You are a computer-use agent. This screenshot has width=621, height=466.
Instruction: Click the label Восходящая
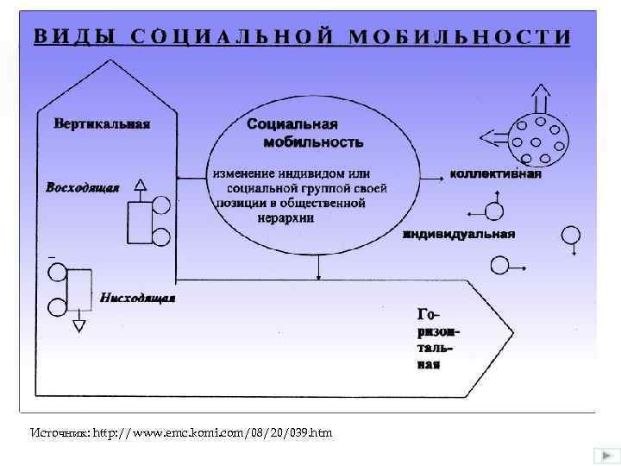pyautogui.click(x=82, y=186)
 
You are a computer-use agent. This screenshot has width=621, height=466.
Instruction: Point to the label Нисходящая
pyautogui.click(x=137, y=299)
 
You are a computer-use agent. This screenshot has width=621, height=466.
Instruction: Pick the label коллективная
pyautogui.click(x=496, y=173)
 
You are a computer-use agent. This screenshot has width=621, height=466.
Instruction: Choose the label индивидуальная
pyautogui.click(x=459, y=233)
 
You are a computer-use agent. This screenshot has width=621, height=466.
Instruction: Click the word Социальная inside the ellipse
pyautogui.click(x=292, y=124)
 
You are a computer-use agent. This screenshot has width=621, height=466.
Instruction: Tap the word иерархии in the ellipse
pyautogui.click(x=285, y=218)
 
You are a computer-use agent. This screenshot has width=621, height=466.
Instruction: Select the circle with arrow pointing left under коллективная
pyautogui.click(x=494, y=210)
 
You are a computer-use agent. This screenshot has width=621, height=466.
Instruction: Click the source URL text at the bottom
pyautogui.click(x=179, y=431)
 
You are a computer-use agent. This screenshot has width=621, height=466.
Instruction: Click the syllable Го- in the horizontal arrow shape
pyautogui.click(x=429, y=313)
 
